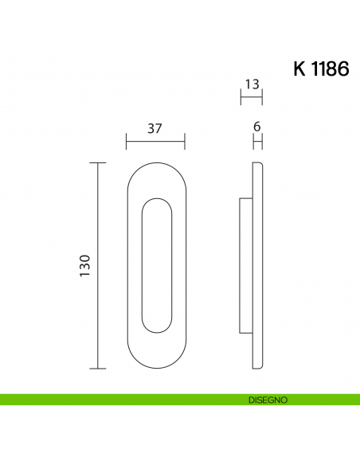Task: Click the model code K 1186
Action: (x=321, y=68)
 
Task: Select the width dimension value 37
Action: (x=156, y=128)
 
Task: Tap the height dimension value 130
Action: (x=85, y=265)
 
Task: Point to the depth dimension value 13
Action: (x=252, y=84)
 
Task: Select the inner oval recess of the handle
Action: (x=156, y=265)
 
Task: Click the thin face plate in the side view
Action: (x=257, y=265)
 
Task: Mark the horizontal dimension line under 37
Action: (x=156, y=143)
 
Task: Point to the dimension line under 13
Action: (x=252, y=98)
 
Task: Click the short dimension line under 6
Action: (x=257, y=143)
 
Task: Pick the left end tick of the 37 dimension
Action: (x=127, y=143)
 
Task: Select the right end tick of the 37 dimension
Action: (x=185, y=143)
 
